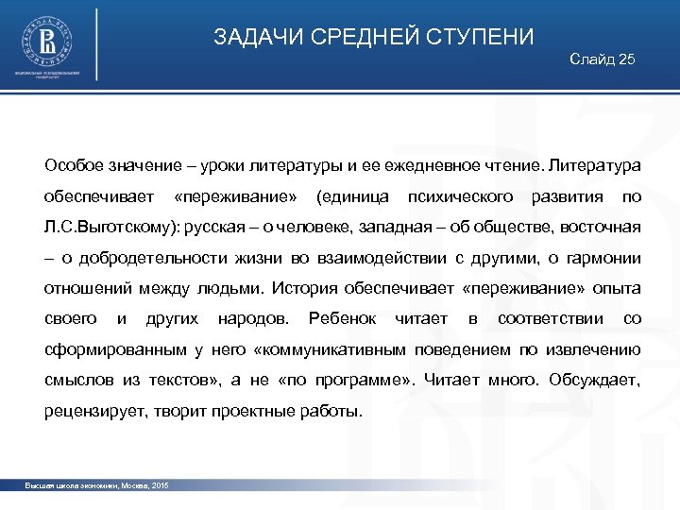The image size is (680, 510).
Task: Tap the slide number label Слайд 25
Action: tap(603, 59)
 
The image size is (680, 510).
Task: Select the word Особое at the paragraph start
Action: tap(73, 166)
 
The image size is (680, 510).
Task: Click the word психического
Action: tap(460, 196)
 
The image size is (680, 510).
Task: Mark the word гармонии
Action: tap(605, 258)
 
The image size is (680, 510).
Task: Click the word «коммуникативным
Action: tap(330, 350)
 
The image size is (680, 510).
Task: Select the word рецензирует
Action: tap(90, 412)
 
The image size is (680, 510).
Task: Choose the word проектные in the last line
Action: tap(245, 412)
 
